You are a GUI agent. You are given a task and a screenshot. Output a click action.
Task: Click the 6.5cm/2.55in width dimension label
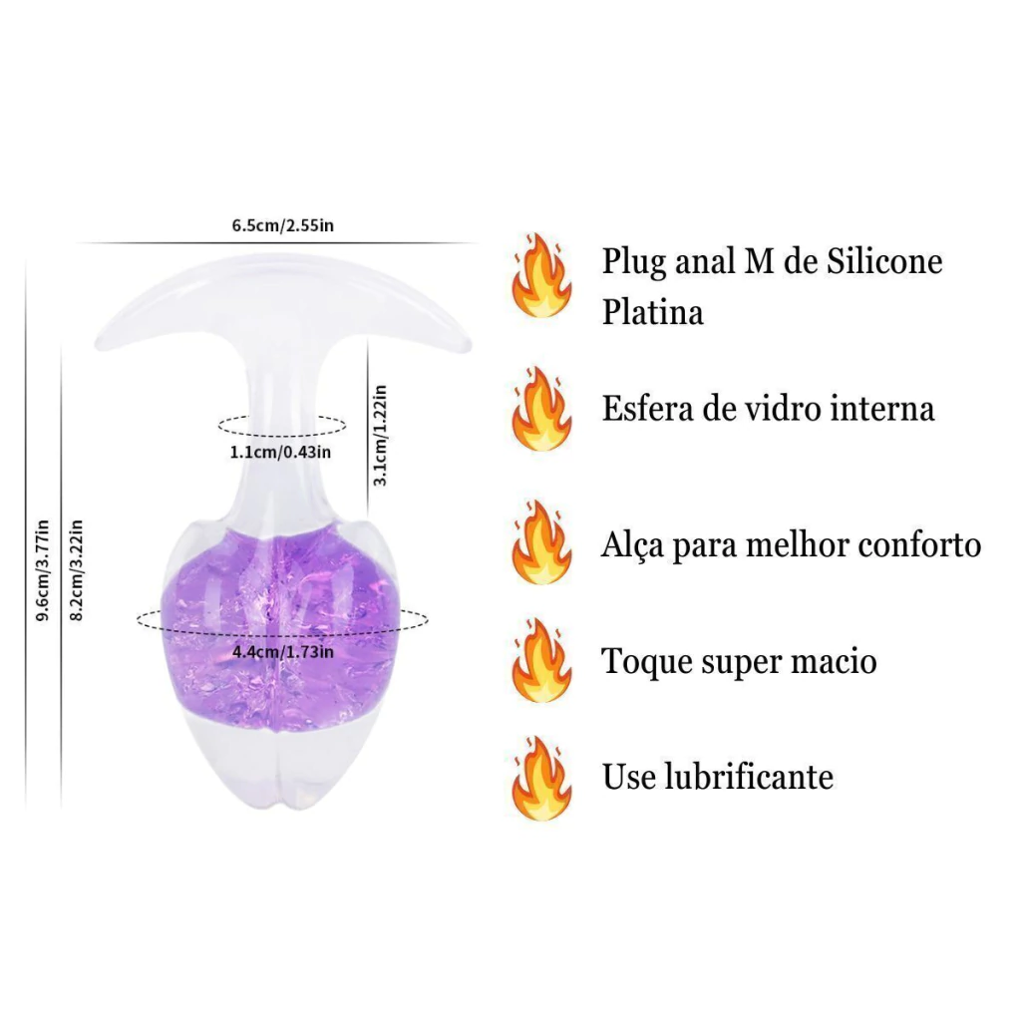tap(282, 225)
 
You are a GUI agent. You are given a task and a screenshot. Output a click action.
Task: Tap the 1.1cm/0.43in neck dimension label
tap(280, 452)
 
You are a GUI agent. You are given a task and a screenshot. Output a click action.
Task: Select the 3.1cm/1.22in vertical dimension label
tap(380, 435)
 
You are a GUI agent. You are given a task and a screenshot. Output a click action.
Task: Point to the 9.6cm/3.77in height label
tap(42, 570)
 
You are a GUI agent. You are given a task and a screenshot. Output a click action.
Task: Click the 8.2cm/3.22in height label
tap(76, 570)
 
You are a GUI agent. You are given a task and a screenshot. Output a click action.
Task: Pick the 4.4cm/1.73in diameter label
tap(283, 652)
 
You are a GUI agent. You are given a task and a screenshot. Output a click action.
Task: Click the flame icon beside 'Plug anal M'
tap(541, 275)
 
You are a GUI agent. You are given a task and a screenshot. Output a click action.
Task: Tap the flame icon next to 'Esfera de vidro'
tap(541, 409)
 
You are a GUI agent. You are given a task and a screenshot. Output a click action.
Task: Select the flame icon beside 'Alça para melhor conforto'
tap(541, 542)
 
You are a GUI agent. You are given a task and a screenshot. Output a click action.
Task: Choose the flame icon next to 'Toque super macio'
tap(541, 660)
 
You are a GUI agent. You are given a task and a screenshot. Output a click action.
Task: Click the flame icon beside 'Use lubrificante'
tap(541, 778)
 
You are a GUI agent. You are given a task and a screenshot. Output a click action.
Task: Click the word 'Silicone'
tap(884, 261)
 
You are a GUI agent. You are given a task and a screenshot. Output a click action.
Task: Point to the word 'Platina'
tap(652, 312)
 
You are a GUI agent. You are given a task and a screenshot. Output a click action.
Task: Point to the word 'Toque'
tap(643, 663)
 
